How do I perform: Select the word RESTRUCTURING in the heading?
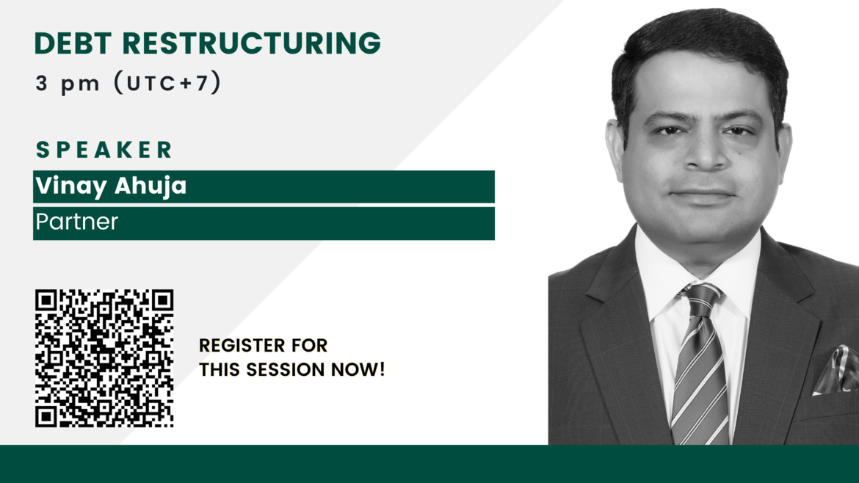click(x=251, y=43)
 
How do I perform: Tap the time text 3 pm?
click(x=68, y=84)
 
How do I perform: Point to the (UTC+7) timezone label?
click(x=167, y=83)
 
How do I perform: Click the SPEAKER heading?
click(x=104, y=150)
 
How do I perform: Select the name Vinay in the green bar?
click(x=71, y=186)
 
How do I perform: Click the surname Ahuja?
click(x=151, y=186)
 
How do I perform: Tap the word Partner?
click(x=76, y=222)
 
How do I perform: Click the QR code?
click(x=104, y=358)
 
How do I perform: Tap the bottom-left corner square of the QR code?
click(x=46, y=415)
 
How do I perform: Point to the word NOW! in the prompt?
click(x=358, y=370)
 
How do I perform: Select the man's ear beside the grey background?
click(x=615, y=143)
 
